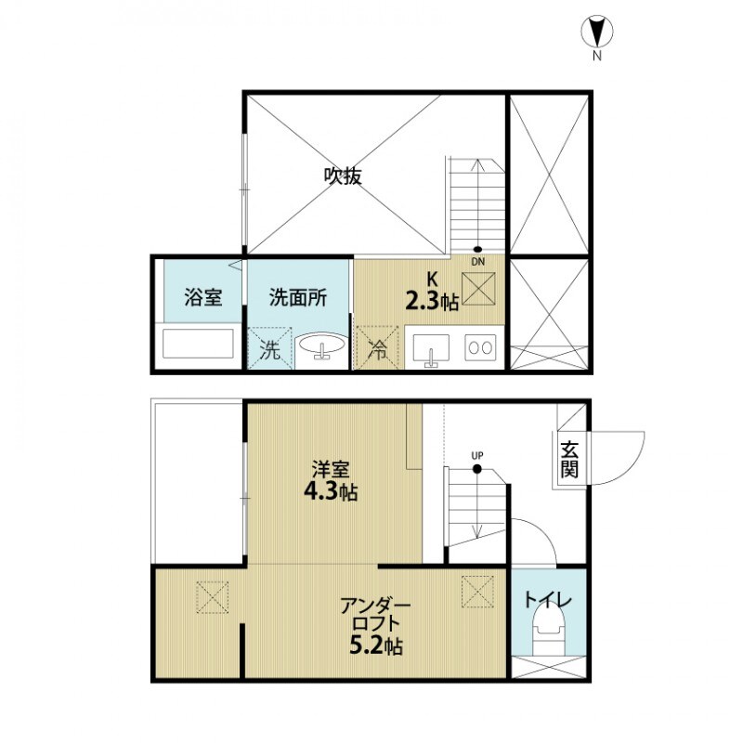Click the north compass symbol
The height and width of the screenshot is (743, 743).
(595, 33)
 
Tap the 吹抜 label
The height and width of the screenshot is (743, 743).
(343, 176)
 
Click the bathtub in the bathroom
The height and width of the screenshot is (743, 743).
(197, 345)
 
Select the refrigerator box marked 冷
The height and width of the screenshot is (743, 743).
(378, 349)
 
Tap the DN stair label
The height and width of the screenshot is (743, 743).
(477, 261)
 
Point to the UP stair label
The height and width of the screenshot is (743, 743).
(477, 455)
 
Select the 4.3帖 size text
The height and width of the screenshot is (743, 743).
(331, 491)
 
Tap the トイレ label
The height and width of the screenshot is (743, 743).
(549, 600)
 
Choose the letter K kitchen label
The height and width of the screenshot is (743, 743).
(431, 278)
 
